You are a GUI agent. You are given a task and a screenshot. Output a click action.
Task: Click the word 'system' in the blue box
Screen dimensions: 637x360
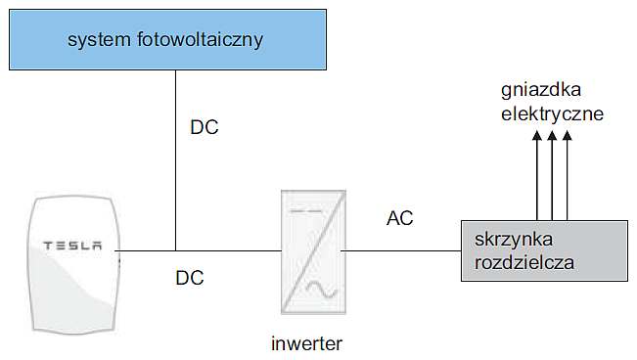(x=99, y=40)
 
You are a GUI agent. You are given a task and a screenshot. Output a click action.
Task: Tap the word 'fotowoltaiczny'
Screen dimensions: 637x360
(x=200, y=40)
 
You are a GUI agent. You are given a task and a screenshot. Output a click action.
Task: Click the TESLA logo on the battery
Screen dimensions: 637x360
(x=72, y=246)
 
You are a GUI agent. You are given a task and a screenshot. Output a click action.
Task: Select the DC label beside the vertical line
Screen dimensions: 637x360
(x=205, y=127)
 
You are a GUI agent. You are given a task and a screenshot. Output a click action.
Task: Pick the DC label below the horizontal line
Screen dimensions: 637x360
(x=190, y=278)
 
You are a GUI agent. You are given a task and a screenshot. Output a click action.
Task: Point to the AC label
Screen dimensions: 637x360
(x=400, y=218)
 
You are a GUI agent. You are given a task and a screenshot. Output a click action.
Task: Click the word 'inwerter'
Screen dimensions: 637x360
(x=306, y=343)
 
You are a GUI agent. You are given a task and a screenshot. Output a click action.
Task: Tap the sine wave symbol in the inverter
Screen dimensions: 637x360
(x=321, y=290)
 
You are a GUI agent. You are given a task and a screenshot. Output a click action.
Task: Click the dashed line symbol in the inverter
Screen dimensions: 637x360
(x=306, y=211)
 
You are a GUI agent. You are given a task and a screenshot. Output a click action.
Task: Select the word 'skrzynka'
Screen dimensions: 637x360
(x=514, y=240)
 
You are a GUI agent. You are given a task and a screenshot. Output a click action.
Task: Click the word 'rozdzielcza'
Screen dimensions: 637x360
(x=524, y=262)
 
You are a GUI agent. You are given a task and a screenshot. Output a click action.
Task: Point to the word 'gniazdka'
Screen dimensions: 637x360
(x=541, y=90)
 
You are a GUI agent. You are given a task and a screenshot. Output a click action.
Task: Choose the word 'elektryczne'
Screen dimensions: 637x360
(x=552, y=113)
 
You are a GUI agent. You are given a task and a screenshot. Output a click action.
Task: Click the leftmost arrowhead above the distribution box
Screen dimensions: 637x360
(x=537, y=135)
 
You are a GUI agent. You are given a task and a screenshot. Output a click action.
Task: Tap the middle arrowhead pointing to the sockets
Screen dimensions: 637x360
(x=552, y=135)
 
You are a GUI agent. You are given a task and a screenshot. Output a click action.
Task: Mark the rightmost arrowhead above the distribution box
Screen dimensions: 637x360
(x=568, y=135)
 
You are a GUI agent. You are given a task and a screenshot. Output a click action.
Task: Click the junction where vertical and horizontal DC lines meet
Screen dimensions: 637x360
(x=175, y=250)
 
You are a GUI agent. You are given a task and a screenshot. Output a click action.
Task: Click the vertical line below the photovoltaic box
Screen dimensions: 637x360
(x=175, y=160)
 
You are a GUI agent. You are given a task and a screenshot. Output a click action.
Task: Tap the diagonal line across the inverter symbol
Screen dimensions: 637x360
(x=313, y=252)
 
